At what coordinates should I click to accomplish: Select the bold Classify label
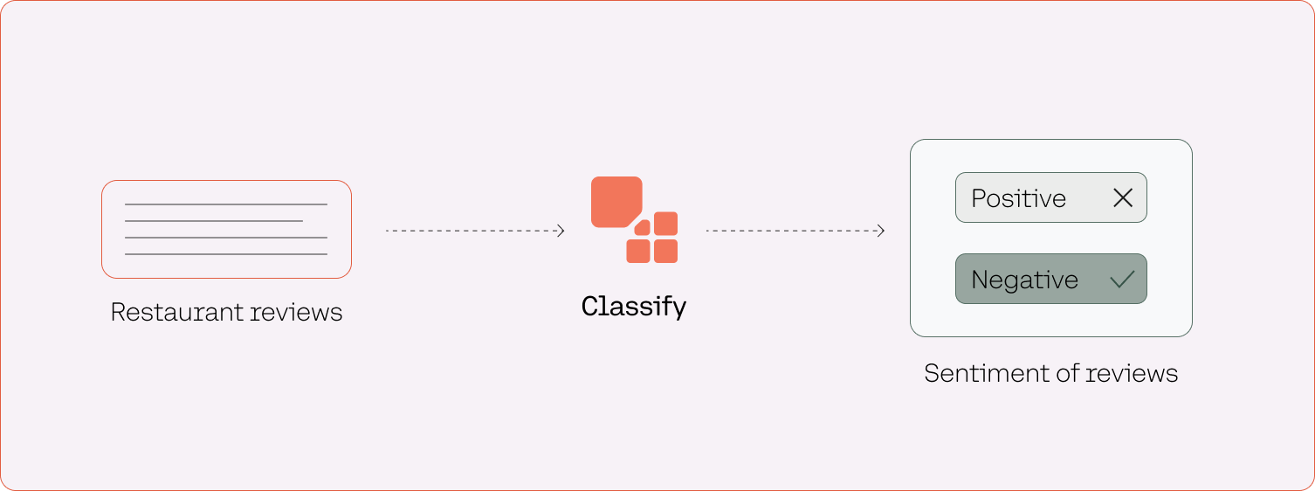(634, 307)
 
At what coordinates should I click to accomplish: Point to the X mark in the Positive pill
(1123, 198)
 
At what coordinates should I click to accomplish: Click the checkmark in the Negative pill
(1122, 280)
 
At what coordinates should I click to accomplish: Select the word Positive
(1018, 198)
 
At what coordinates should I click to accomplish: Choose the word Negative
(1024, 280)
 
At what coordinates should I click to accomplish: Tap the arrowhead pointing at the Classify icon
(561, 231)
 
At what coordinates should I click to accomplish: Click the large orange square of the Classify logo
(616, 201)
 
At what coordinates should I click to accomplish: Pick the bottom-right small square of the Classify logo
(666, 252)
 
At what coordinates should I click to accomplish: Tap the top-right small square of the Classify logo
(666, 223)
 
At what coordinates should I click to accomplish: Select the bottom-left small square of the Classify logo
(638, 252)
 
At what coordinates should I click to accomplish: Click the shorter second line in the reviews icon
(214, 221)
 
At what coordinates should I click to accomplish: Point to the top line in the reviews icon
(226, 204)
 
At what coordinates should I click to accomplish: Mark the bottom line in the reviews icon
(226, 254)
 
